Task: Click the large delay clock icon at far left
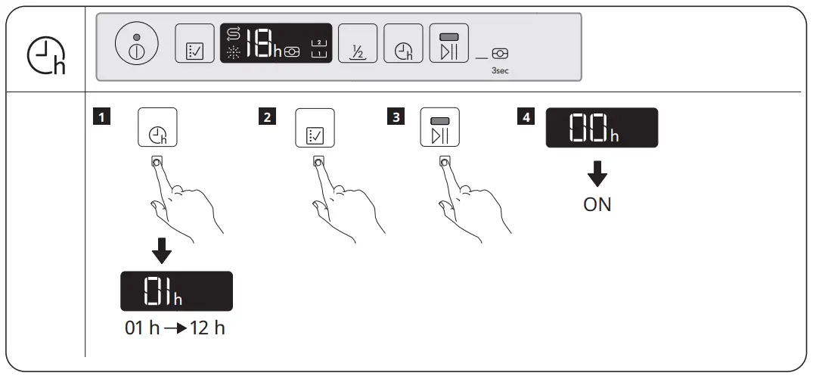[47, 58]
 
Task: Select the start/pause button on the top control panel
[448, 45]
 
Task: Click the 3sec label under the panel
[499, 70]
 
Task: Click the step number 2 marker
[266, 117]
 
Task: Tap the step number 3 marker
[394, 117]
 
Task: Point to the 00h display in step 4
[601, 127]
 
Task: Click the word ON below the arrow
[597, 205]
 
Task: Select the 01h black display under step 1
[176, 291]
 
